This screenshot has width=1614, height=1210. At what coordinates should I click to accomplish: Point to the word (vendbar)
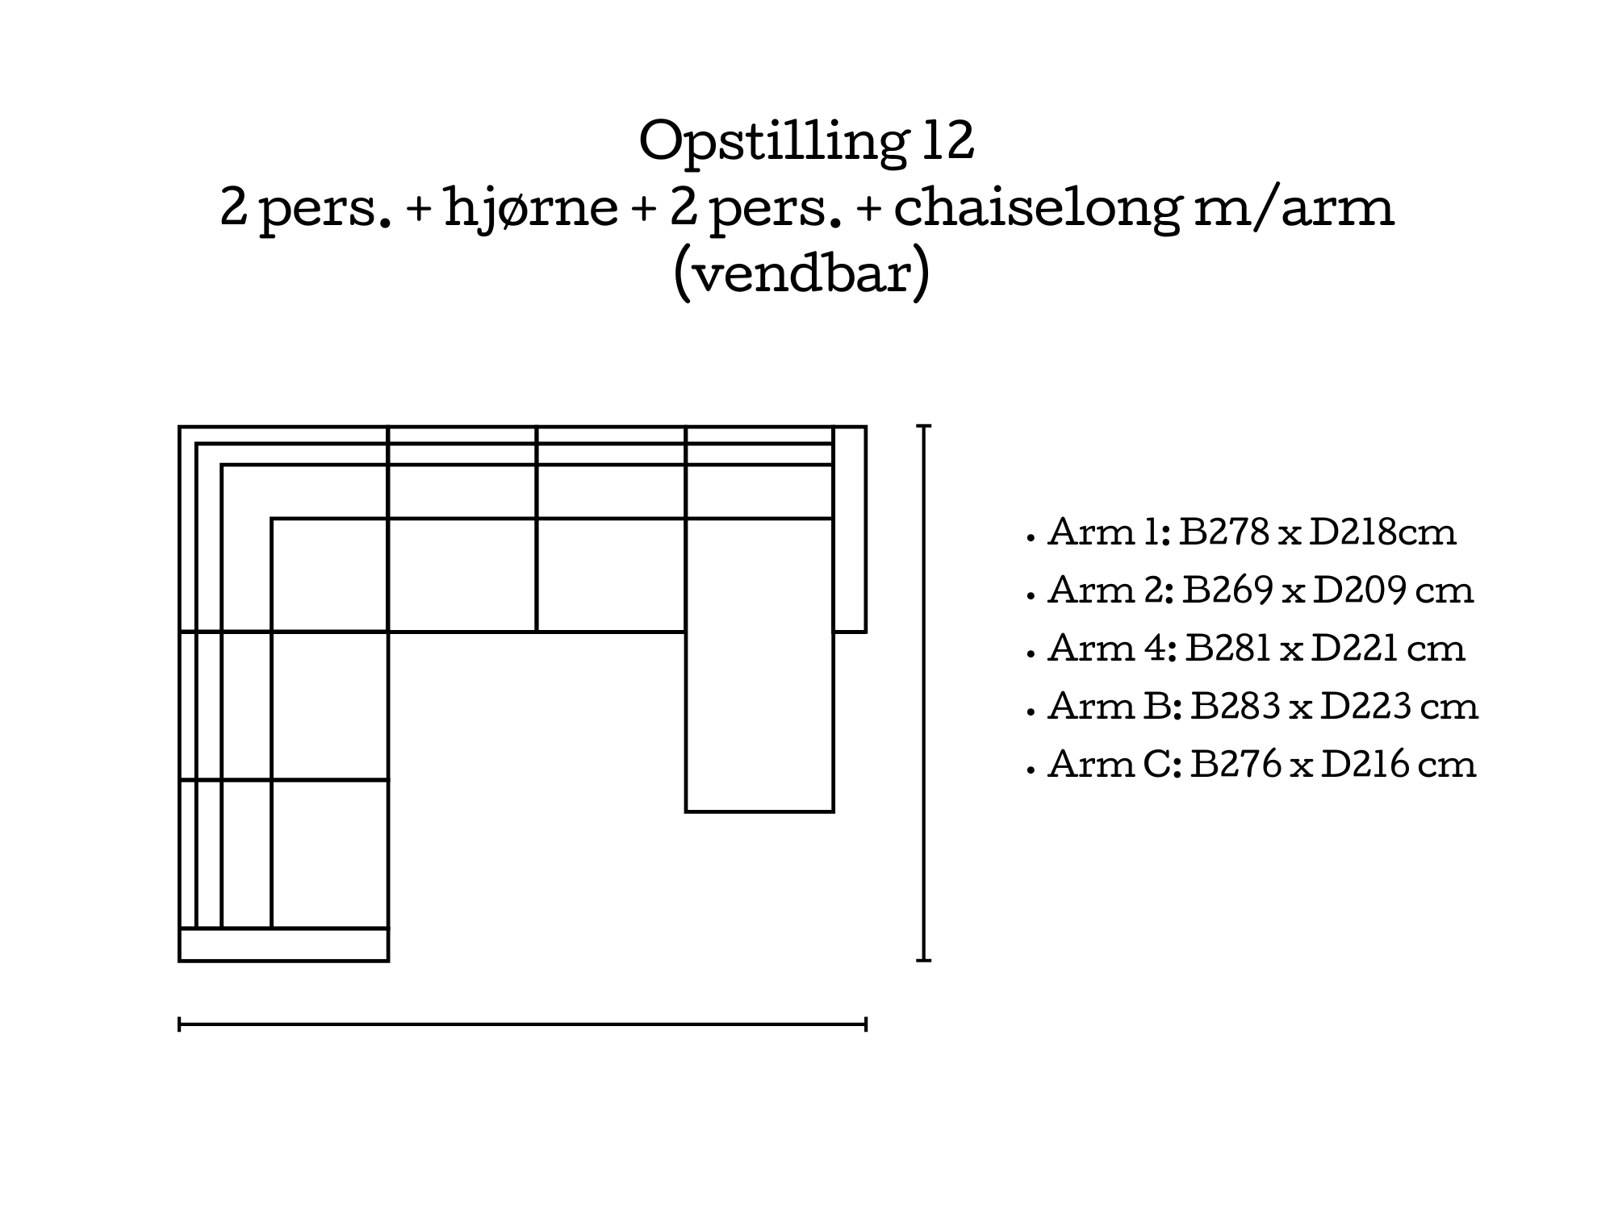pos(801,275)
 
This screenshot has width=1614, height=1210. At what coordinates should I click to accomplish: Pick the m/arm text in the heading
pos(1294,207)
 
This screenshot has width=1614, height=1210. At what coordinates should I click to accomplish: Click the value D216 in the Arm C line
pos(1366,765)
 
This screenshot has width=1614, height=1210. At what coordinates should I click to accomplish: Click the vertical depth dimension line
pos(924,693)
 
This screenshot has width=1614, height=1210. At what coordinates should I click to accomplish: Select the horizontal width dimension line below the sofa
pos(522,1025)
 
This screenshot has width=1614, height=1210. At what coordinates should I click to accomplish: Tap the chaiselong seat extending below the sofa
pos(759,665)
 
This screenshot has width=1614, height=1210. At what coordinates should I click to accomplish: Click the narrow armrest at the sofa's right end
pos(850,529)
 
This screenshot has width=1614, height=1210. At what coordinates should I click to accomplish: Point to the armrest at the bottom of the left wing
pos(283,945)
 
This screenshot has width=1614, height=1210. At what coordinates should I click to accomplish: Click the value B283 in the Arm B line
pos(1236,707)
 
